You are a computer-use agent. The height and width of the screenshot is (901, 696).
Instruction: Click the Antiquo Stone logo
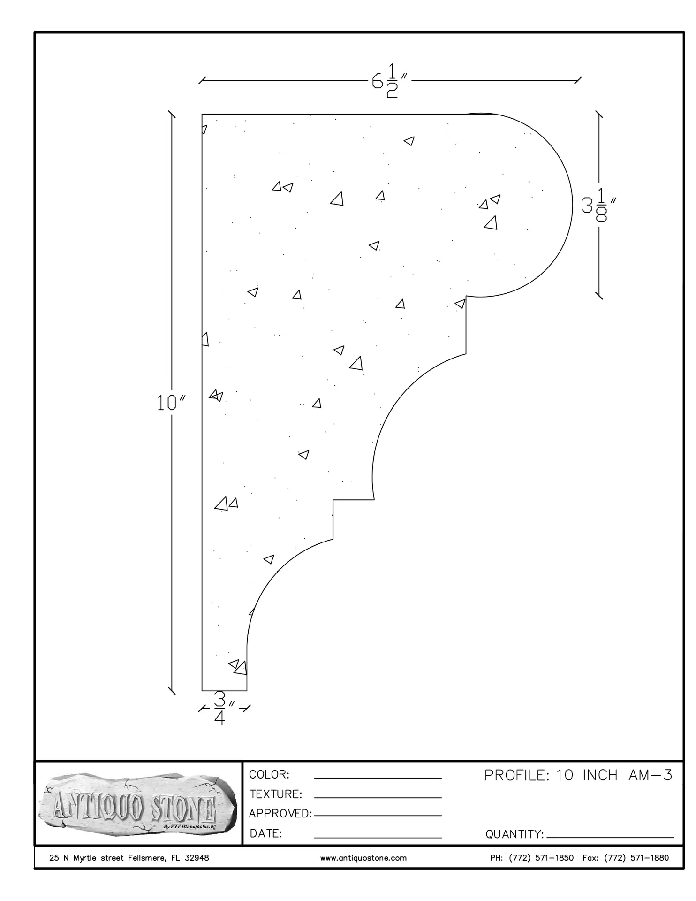point(137,805)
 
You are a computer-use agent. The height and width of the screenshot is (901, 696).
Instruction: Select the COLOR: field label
point(269,774)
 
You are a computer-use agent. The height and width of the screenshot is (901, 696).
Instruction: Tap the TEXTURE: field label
point(276,794)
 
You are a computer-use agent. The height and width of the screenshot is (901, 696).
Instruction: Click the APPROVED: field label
point(280,813)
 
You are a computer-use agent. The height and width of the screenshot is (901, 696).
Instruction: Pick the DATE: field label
point(266,833)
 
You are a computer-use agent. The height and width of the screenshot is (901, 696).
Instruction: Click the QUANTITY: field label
point(514,834)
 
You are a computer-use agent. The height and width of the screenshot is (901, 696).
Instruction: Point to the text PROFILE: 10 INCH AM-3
point(578,775)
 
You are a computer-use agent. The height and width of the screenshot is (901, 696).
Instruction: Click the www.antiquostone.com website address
point(363,858)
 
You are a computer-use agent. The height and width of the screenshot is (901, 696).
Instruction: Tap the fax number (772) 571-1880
point(636,858)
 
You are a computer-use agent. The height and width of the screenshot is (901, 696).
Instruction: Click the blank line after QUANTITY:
point(610,837)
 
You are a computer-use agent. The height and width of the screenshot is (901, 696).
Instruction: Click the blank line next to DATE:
point(378,837)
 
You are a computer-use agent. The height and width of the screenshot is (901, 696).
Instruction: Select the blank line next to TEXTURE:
point(378,797)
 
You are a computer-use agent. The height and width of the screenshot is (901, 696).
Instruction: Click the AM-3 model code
point(650,775)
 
